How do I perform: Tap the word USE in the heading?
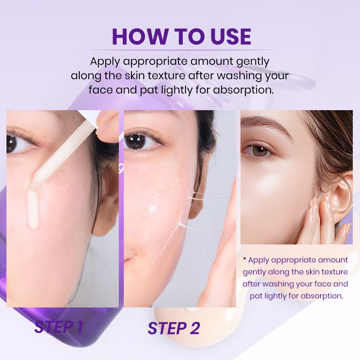pyautogui.click(x=230, y=36)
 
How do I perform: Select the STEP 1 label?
pyautogui.click(x=59, y=327)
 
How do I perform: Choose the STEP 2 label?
pyautogui.click(x=174, y=328)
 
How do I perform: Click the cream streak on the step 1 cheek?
pyautogui.click(x=33, y=209)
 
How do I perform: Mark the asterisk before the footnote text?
pyautogui.click(x=244, y=259)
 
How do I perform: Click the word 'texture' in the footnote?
pyautogui.click(x=334, y=272)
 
